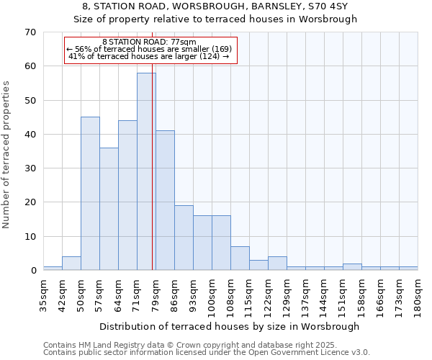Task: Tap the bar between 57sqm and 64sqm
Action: pos(109,209)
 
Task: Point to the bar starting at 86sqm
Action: pos(184,238)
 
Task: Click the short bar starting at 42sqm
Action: pos(71,264)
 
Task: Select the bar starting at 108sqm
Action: pos(240,258)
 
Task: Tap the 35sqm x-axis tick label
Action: pos(44,292)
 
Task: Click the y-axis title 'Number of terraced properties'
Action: pos(7,155)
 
